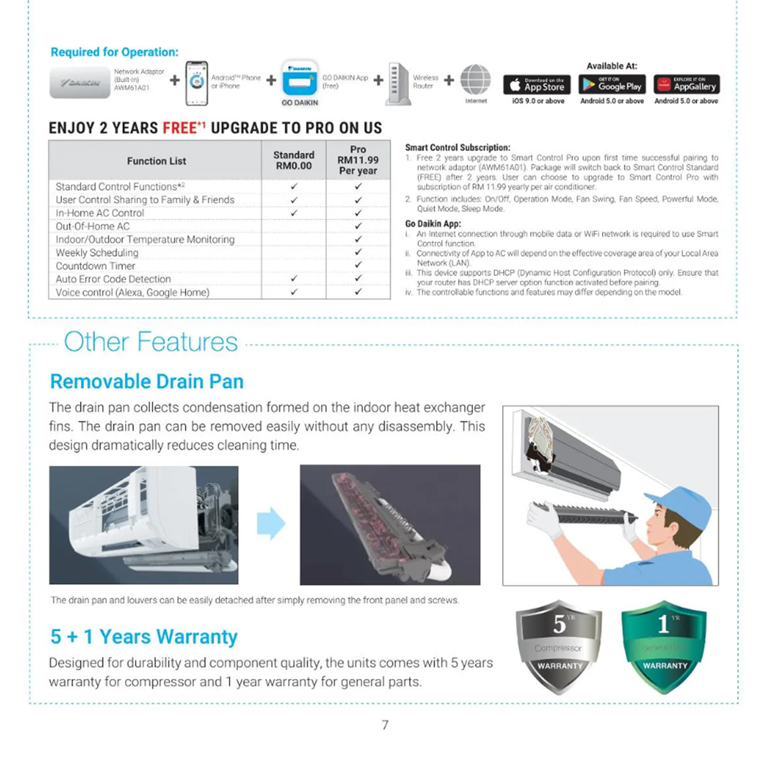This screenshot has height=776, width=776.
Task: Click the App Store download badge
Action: pyautogui.click(x=537, y=85)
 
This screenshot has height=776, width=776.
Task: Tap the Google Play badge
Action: pyautogui.click(x=612, y=85)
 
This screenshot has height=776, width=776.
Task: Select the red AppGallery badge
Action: pyautogui.click(x=686, y=85)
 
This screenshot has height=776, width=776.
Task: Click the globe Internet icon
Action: pyautogui.click(x=475, y=80)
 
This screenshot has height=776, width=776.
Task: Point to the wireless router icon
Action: pyautogui.click(x=398, y=83)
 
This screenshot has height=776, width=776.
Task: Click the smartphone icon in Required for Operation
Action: pyautogui.click(x=197, y=83)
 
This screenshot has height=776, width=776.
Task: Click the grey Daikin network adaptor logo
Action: pyautogui.click(x=80, y=83)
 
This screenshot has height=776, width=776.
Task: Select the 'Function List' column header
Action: pyautogui.click(x=157, y=161)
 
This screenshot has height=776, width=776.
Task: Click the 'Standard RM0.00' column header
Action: pyautogui.click(x=294, y=160)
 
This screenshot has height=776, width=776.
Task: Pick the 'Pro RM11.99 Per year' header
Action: pyautogui.click(x=358, y=160)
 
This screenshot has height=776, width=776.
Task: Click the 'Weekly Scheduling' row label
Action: pyautogui.click(x=97, y=253)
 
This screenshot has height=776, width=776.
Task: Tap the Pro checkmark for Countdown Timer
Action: pyautogui.click(x=358, y=266)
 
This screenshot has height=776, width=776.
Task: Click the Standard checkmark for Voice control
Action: pyautogui.click(x=294, y=292)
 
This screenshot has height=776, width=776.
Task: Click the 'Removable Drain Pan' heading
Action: pyautogui.click(x=147, y=381)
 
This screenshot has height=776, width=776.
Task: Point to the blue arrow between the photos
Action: pyautogui.click(x=271, y=523)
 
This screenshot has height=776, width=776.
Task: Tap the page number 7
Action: pyautogui.click(x=385, y=725)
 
